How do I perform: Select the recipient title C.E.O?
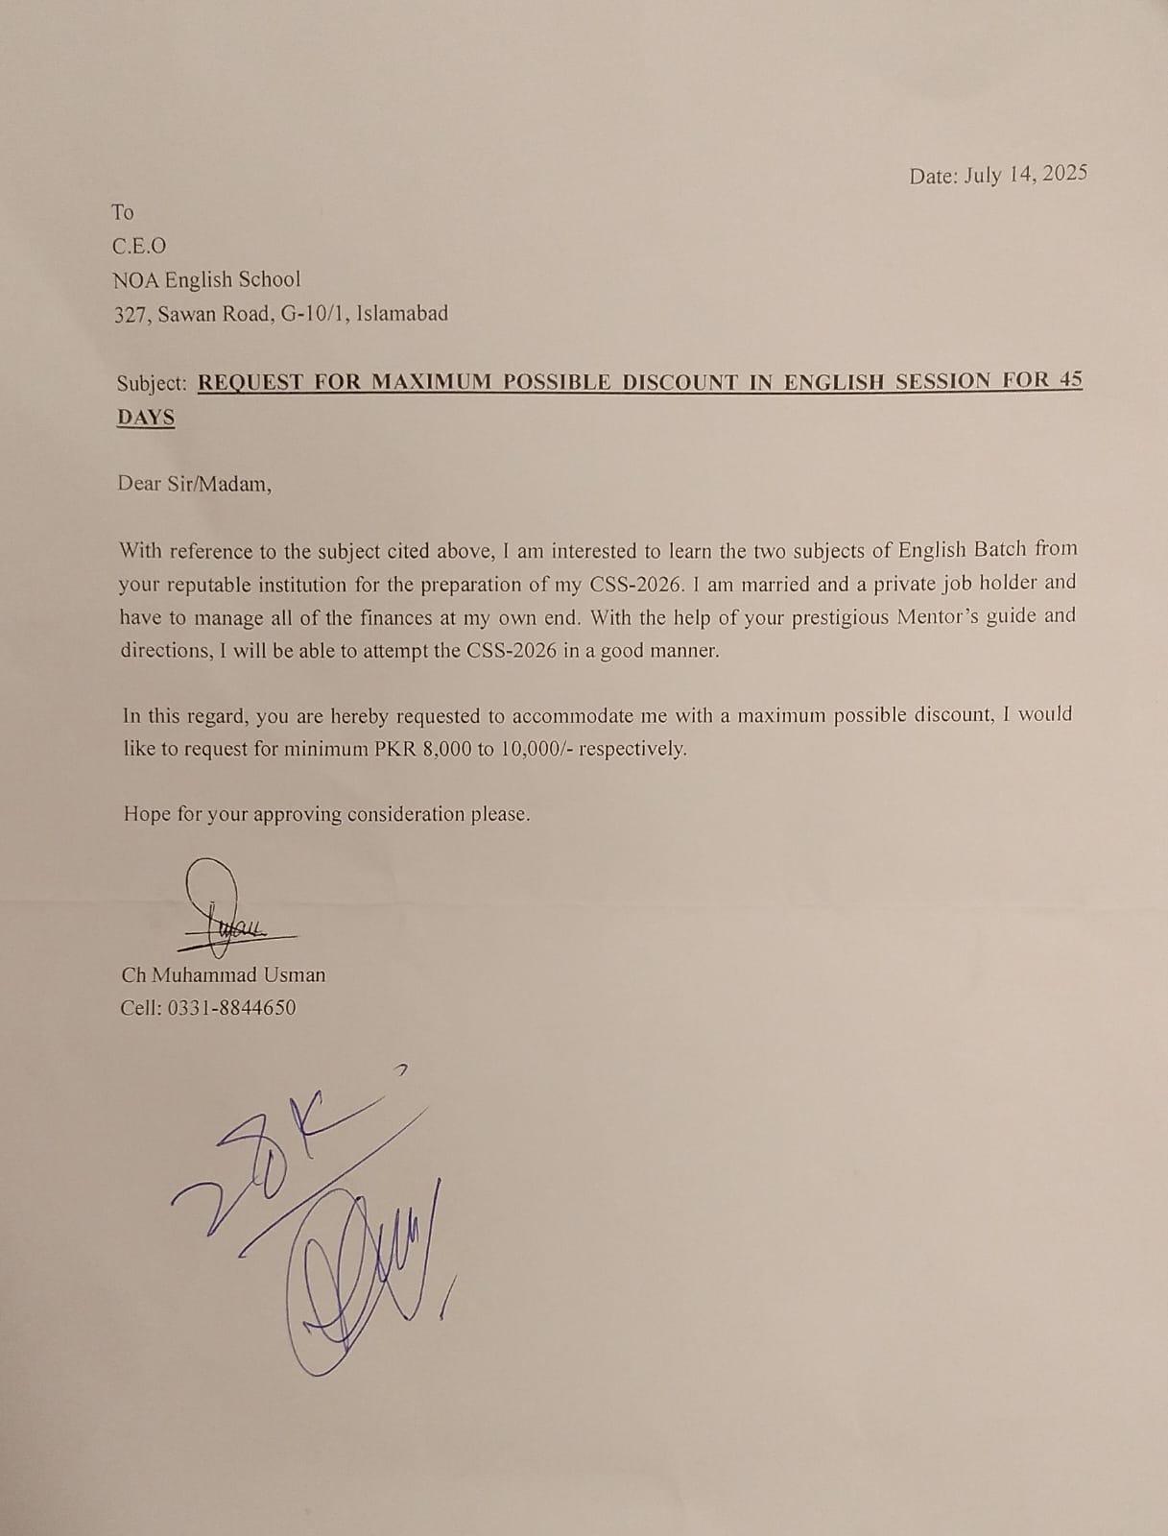[x=139, y=247]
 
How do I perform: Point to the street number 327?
[x=130, y=314]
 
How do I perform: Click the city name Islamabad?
[x=401, y=313]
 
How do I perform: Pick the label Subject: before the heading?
[x=152, y=383]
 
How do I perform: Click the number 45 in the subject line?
[x=1070, y=379]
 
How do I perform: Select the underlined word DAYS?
[x=146, y=418]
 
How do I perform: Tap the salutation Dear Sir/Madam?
[x=194, y=484]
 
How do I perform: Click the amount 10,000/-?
[x=536, y=749]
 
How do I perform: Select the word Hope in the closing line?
[x=147, y=814]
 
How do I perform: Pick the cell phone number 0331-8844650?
[x=232, y=1008]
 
